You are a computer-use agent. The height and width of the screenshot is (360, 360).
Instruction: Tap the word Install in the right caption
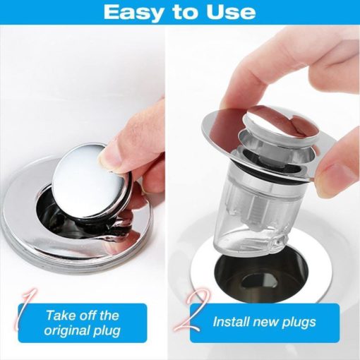click(232, 322)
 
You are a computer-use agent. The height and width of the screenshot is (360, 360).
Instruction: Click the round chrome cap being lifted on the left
click(91, 182)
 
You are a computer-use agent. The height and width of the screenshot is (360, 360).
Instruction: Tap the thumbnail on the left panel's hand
click(110, 157)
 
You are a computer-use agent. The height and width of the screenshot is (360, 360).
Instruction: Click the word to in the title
click(183, 13)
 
